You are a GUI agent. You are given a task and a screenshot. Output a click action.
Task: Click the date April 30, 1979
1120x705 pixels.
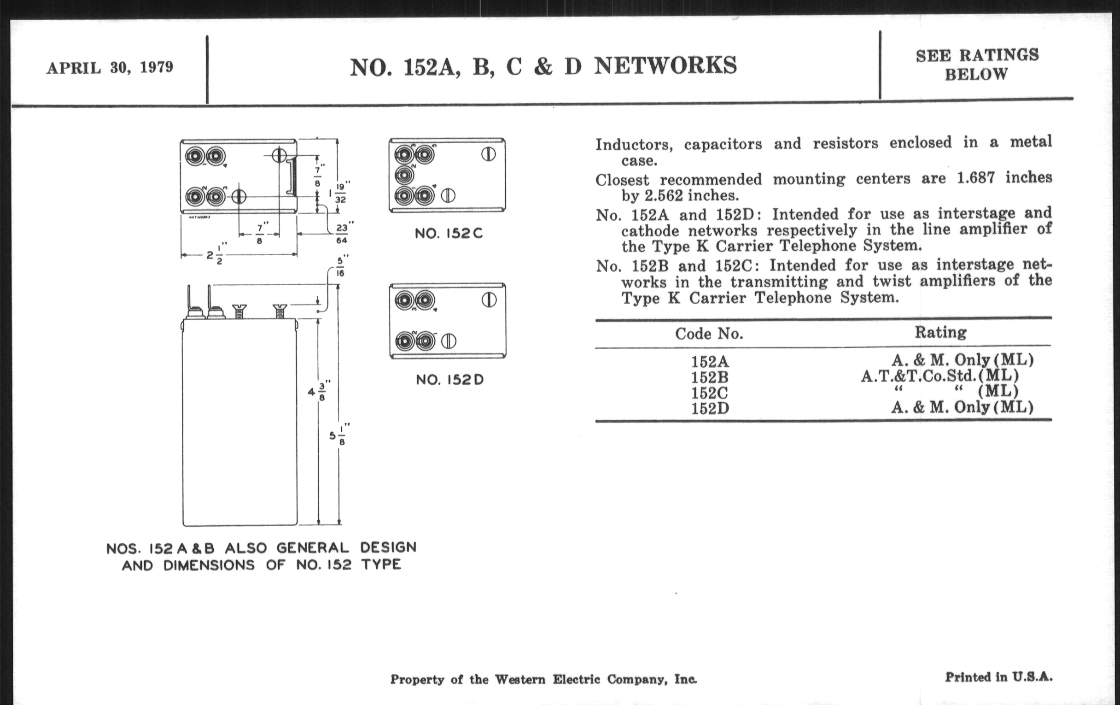click(110, 68)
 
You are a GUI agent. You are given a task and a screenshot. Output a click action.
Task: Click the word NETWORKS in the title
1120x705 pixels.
click(665, 65)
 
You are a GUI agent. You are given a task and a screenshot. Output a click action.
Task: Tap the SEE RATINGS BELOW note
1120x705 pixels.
click(977, 65)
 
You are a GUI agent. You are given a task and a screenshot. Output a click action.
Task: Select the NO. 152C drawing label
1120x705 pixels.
click(449, 234)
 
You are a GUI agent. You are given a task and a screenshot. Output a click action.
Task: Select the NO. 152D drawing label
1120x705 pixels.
click(450, 380)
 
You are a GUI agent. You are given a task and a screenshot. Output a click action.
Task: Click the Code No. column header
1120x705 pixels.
click(709, 334)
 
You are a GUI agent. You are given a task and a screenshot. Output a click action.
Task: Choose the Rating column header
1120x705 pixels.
click(940, 332)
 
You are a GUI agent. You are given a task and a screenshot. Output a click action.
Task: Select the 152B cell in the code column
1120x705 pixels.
click(709, 377)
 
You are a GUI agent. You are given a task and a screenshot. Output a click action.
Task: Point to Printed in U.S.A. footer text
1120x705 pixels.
click(998, 677)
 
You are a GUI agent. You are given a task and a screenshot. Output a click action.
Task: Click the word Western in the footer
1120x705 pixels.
click(519, 680)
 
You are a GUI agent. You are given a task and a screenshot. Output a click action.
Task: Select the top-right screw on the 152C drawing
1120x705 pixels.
click(488, 154)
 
